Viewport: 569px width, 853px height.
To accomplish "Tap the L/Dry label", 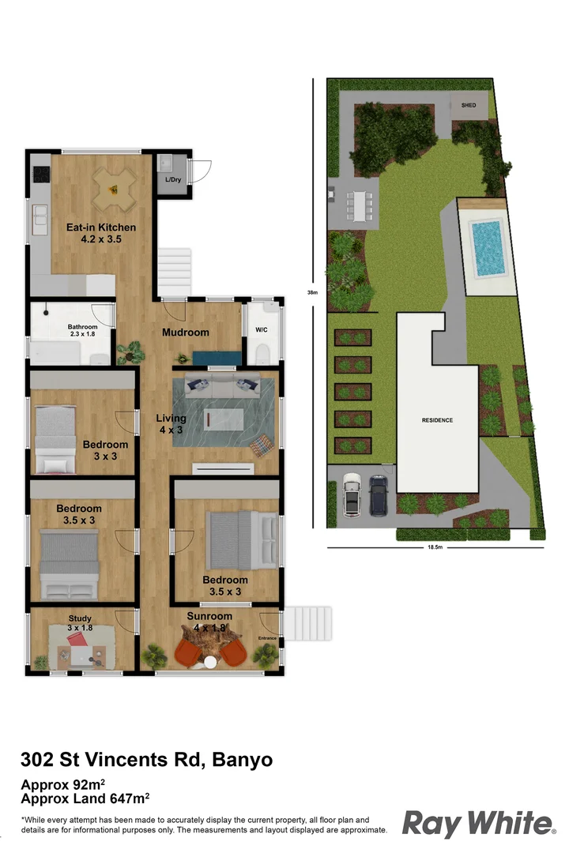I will pos(172,180).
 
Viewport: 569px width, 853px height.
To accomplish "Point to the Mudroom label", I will pos(185,333).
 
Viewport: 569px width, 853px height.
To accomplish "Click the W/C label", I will pos(261,331).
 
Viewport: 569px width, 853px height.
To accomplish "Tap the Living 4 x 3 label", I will pos(171,423).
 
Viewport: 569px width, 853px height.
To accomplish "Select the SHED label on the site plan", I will pos(469,105).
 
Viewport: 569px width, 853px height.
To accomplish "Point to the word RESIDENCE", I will pos(437,420).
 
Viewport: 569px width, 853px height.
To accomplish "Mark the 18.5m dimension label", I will pos(435,547).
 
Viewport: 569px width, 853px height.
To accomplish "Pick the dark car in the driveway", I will pos(379,495).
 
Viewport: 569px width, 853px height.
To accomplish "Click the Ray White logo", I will pos(478,823).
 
